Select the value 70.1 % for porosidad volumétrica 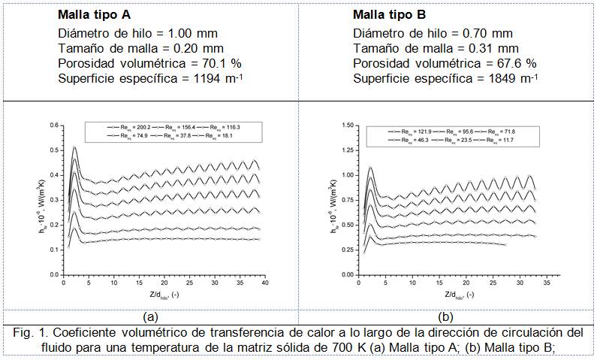(201, 62)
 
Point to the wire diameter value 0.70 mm (493, 33)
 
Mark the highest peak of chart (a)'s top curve (74, 147)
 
